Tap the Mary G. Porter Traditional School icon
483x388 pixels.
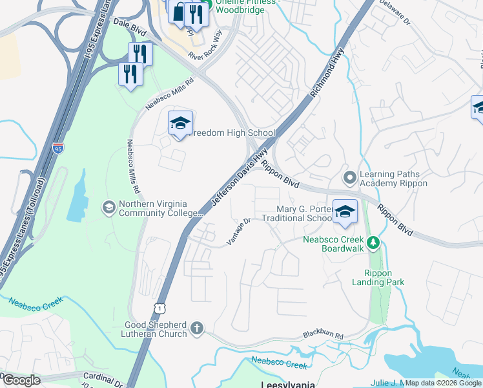tap(345, 211)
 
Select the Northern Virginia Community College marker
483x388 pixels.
tap(108, 207)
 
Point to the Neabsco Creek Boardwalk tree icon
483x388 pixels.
tap(372, 243)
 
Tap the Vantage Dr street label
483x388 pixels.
tap(238, 230)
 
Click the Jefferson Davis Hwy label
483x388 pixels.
tap(240, 179)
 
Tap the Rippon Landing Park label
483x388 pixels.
tap(378, 277)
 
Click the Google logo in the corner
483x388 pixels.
tap(21, 380)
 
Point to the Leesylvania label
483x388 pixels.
tap(287, 384)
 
